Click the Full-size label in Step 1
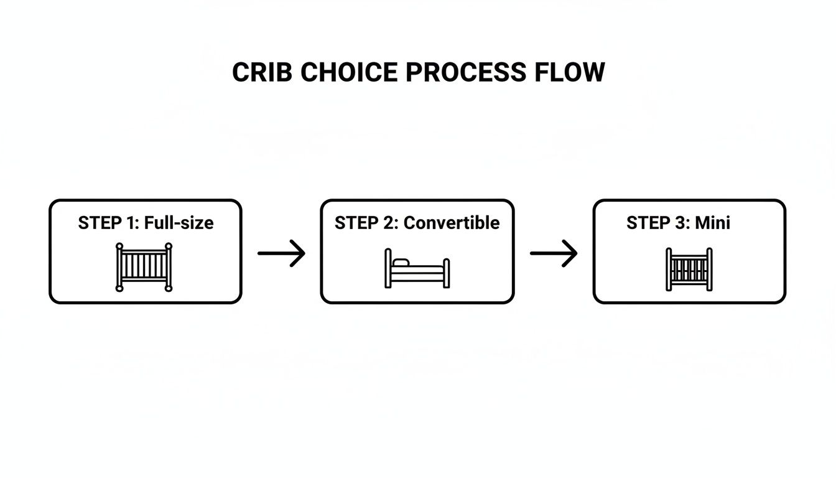point(179,223)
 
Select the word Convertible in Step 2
point(452,223)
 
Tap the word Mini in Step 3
point(713,223)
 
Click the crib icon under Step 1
point(144,268)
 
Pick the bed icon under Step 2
point(417,269)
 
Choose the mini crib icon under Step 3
point(689,269)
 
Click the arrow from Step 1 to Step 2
point(281,253)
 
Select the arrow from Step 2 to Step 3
point(554,253)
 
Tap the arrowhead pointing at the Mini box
point(572,253)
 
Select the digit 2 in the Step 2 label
point(389,223)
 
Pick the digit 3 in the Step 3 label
point(680,223)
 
